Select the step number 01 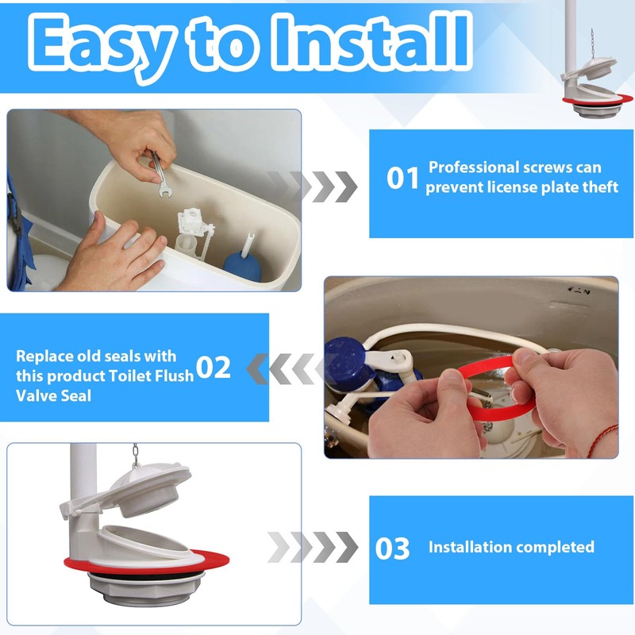point(402,178)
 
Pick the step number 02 point(213,368)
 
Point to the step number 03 point(392,548)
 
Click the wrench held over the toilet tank point(161,175)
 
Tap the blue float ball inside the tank point(242,265)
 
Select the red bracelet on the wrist point(602,440)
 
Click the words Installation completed point(511,547)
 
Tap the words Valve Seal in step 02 point(53,395)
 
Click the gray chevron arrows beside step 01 point(312,187)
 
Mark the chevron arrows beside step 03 point(313,547)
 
